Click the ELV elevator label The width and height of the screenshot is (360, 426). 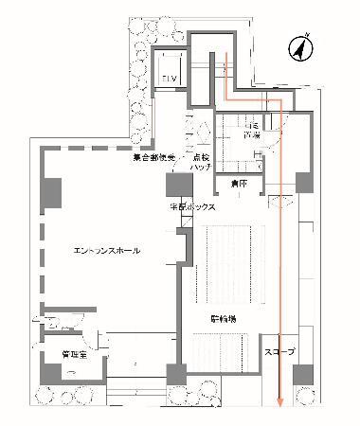pos(170,77)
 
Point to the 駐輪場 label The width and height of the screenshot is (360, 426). pos(224,319)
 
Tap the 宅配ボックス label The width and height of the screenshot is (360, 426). pos(193,206)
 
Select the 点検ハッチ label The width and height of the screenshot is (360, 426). pos(200,161)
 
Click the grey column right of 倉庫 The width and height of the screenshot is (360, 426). pos(303,182)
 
